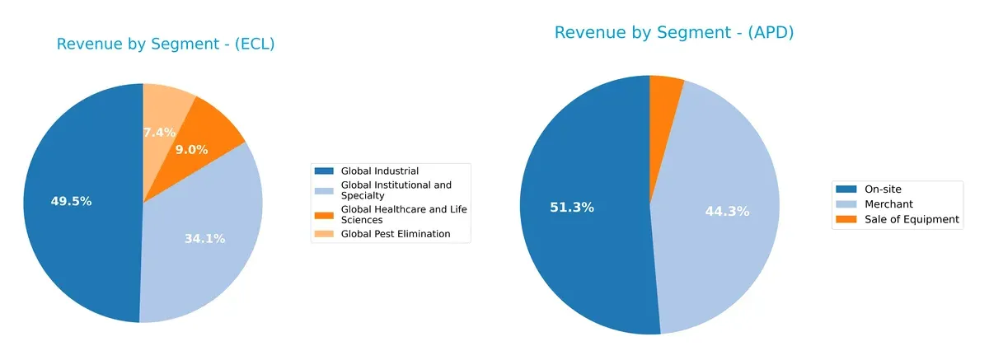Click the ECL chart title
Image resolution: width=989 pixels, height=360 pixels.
[166, 44]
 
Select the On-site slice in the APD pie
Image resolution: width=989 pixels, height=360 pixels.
[577, 247]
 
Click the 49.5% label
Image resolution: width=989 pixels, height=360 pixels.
[71, 201]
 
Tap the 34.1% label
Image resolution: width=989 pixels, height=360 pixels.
[204, 239]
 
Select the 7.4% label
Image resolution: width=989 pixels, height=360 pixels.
[159, 132]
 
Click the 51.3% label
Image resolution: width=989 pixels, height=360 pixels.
[572, 208]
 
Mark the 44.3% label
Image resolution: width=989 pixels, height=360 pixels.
[727, 212]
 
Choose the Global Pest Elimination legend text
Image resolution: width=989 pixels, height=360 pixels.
[395, 233]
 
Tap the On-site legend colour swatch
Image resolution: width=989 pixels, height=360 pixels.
[846, 189]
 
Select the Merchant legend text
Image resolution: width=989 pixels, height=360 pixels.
[888, 203]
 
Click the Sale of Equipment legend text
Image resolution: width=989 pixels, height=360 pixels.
[912, 219]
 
